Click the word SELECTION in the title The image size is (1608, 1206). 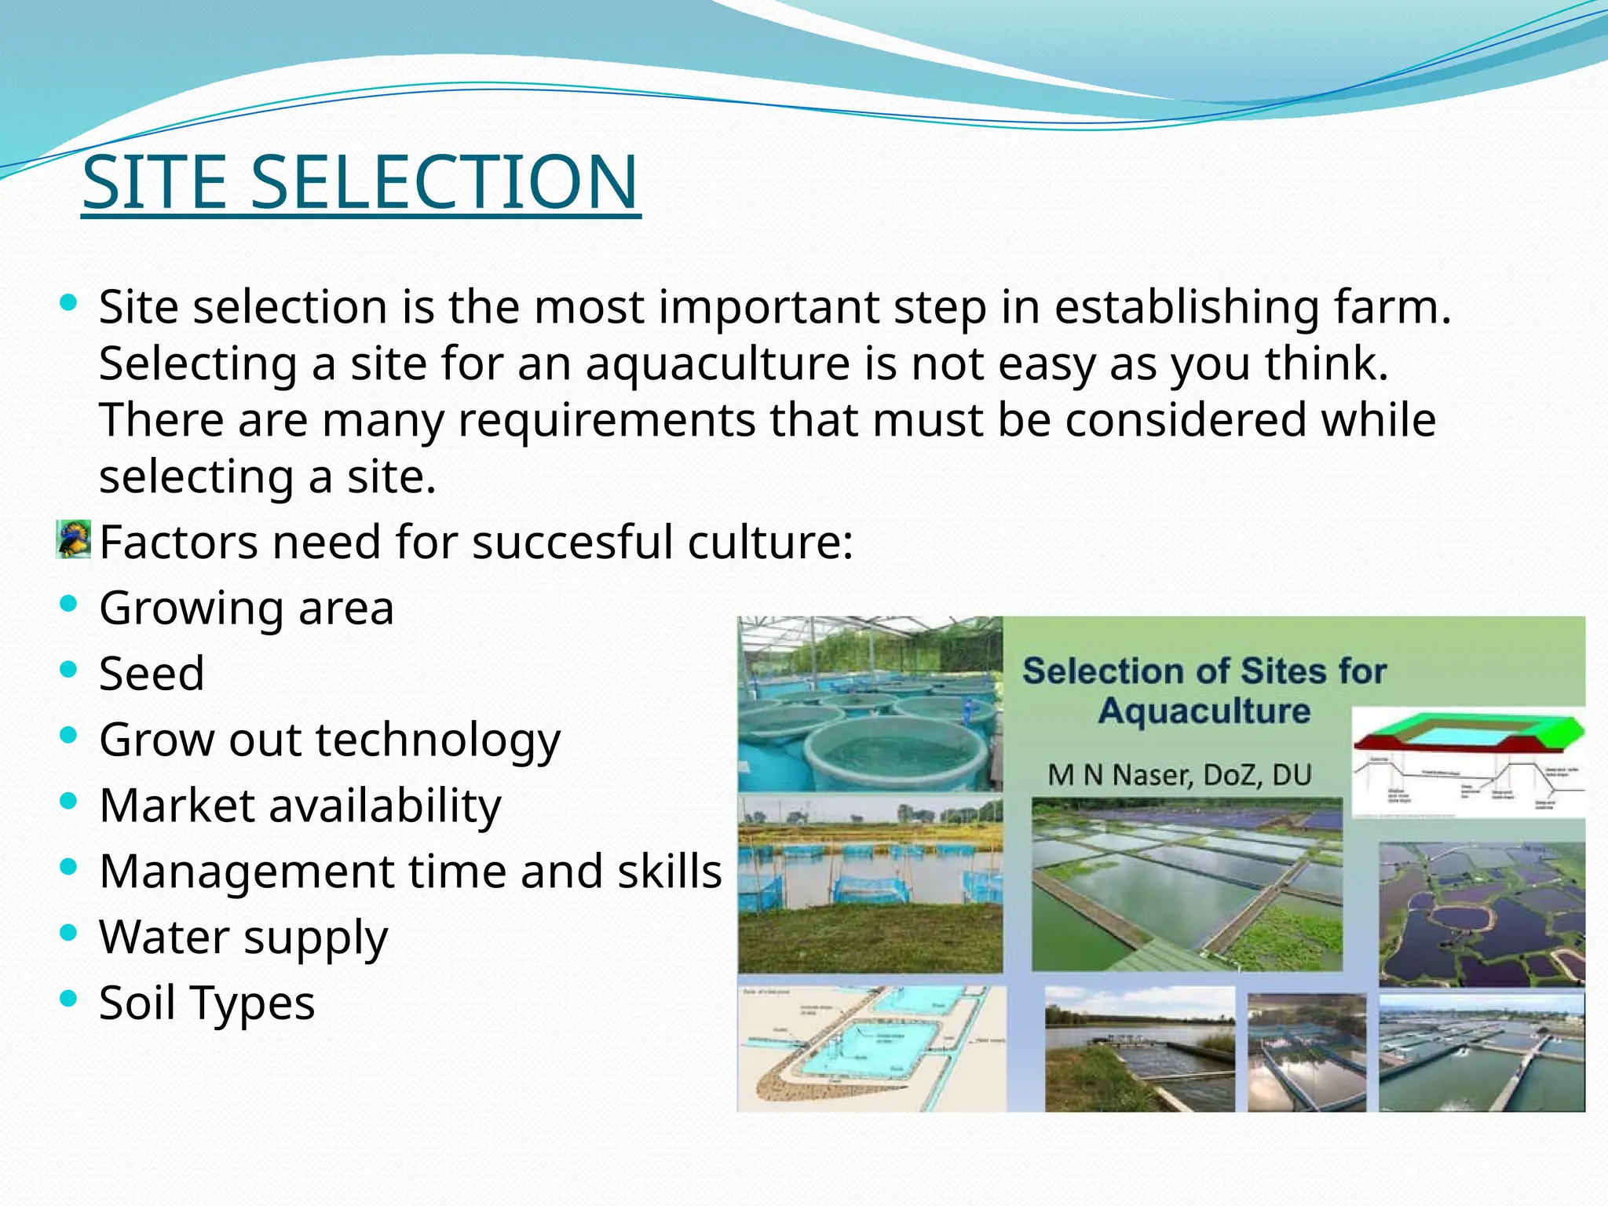(444, 182)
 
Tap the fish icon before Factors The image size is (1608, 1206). (74, 539)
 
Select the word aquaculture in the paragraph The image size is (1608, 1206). (718, 364)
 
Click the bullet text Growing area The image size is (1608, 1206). (246, 608)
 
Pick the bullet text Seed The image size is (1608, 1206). (152, 674)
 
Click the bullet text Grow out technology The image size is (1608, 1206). (330, 740)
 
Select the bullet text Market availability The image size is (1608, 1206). (300, 806)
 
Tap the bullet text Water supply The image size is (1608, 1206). (243, 937)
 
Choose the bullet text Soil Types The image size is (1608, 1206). (206, 1003)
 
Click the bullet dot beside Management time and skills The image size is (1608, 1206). (69, 867)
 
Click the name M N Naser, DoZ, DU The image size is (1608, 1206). (1179, 775)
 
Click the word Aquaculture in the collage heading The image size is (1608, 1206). (1204, 711)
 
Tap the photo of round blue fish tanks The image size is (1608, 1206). (869, 704)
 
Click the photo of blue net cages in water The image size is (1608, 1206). (869, 883)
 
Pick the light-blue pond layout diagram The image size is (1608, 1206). (871, 1047)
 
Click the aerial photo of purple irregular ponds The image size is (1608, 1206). (1481, 914)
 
